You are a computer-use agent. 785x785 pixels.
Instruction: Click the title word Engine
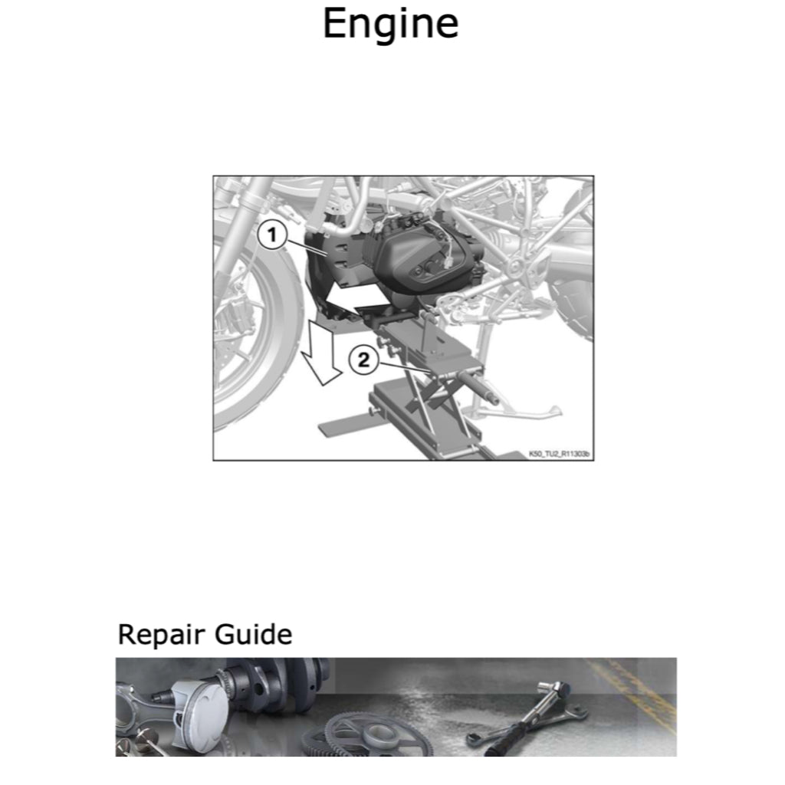pyautogui.click(x=390, y=25)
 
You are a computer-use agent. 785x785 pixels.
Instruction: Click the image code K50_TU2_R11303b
pyautogui.click(x=559, y=454)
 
